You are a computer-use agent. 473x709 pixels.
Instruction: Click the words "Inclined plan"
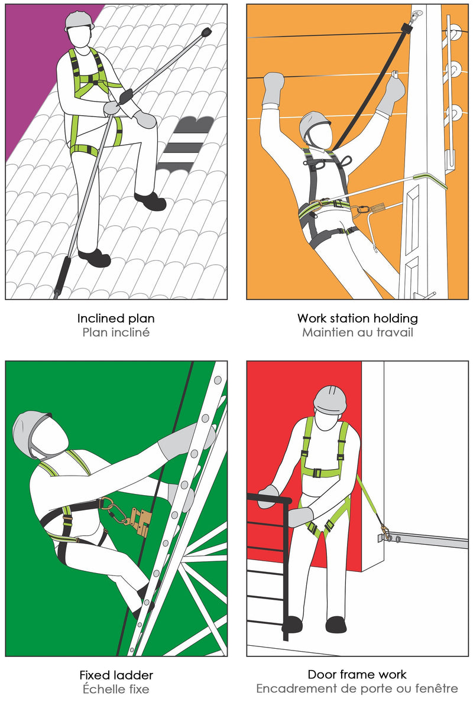116,318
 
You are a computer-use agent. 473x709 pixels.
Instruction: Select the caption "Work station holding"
357,318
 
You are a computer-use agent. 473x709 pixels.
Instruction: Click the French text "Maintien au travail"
357,333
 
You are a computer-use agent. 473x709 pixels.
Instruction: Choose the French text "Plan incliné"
116,333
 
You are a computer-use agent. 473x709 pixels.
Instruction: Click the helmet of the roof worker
79,21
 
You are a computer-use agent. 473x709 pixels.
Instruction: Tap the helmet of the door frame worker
330,400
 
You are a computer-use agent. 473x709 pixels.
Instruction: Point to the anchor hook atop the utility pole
416,17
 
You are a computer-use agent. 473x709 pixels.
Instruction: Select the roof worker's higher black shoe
150,201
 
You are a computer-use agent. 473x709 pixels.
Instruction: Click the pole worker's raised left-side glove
273,88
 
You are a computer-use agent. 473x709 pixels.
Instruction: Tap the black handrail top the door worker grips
268,499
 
